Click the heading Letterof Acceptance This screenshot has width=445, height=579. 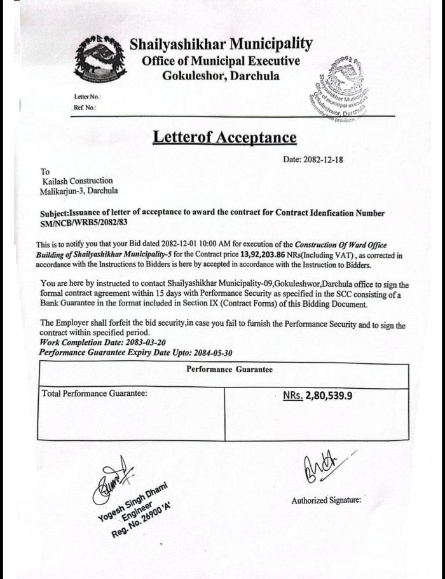coord(224,137)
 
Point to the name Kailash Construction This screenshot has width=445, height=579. coord(77,181)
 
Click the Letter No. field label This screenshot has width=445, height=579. coord(87,97)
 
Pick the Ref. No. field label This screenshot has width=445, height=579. coord(85,108)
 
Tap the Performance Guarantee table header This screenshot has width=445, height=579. coord(229,369)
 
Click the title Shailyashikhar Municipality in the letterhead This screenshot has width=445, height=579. coord(221,44)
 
